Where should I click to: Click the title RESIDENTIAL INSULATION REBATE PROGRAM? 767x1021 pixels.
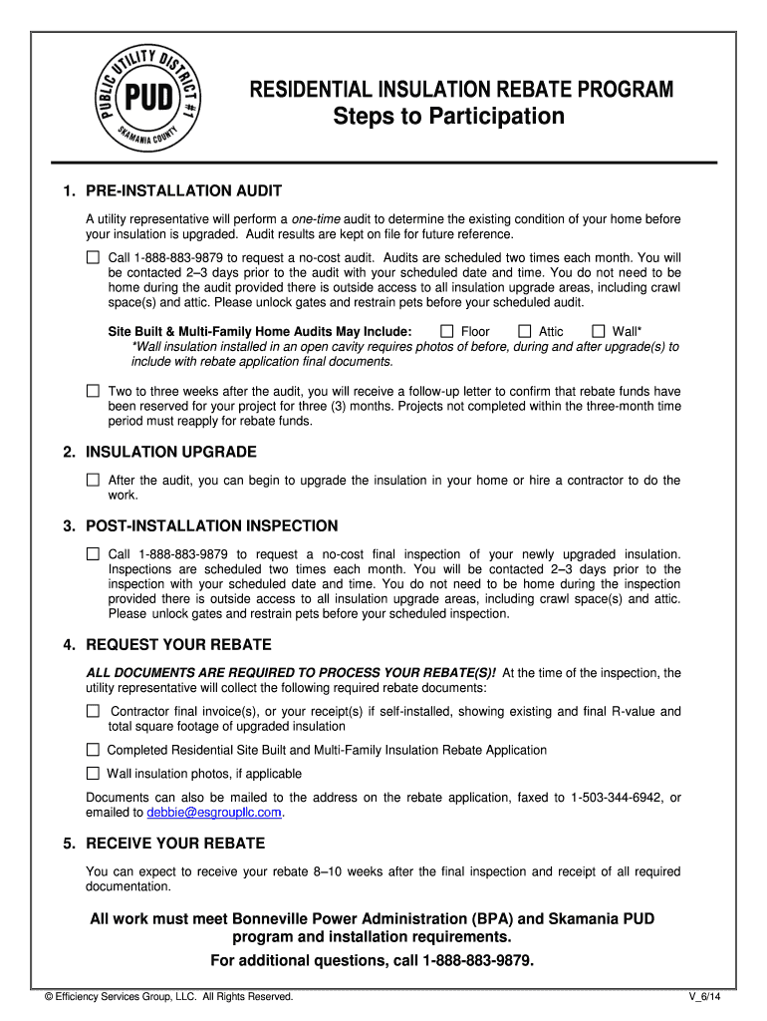point(461,91)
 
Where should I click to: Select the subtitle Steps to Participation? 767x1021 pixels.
point(448,117)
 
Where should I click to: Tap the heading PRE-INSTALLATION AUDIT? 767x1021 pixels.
point(183,190)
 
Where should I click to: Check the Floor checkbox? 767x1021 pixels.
point(447,331)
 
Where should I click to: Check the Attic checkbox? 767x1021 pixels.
point(525,331)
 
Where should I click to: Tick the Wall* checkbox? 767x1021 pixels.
point(599,331)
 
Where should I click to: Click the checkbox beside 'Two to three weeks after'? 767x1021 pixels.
point(93,391)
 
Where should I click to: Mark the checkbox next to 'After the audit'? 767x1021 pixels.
point(93,480)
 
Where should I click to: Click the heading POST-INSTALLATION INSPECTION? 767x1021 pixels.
point(211,525)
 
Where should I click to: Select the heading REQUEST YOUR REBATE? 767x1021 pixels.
point(178,645)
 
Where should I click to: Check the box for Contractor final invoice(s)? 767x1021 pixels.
point(93,711)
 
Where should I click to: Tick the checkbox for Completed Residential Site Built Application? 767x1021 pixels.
point(93,750)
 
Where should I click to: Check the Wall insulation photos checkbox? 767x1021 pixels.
point(93,774)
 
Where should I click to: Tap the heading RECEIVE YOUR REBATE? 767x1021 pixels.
point(175,844)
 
